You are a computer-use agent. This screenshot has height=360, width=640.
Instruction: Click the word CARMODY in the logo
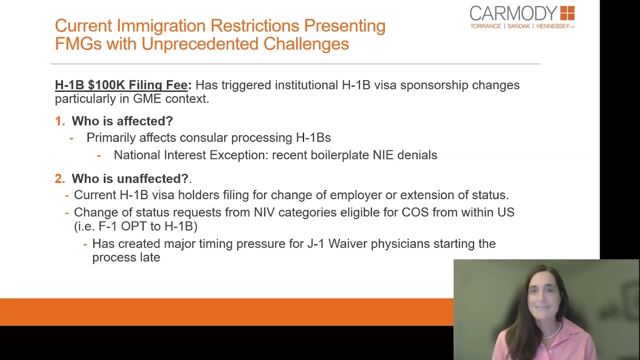[x=513, y=13]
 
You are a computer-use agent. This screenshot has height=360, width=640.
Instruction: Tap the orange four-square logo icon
[x=567, y=13]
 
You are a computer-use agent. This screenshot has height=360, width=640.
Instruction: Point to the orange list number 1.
[x=59, y=121]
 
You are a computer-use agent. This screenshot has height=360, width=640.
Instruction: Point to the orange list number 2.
[x=59, y=178]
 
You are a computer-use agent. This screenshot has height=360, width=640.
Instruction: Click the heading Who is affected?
[x=122, y=121]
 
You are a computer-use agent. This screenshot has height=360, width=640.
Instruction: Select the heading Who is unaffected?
[x=130, y=178]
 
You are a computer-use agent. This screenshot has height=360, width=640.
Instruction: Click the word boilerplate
[x=340, y=155]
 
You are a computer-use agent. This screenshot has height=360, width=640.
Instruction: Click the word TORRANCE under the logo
[x=485, y=26]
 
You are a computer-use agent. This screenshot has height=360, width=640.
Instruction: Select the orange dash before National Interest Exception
[x=99, y=155]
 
